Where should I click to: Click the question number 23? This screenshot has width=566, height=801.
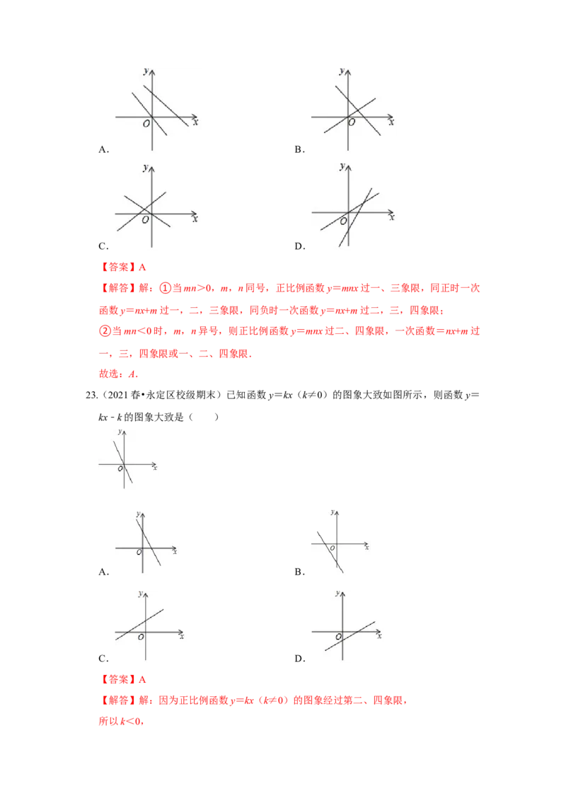[x=91, y=396]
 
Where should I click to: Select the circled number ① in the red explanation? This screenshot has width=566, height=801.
[x=166, y=288]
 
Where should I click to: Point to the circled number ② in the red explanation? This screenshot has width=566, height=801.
[x=105, y=331]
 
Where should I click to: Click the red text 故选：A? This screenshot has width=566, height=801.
[x=119, y=374]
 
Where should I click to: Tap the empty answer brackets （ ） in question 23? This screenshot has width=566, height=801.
[x=204, y=417]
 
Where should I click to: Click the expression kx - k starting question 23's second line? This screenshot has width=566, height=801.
[x=110, y=417]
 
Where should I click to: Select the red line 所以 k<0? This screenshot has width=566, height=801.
[x=121, y=721]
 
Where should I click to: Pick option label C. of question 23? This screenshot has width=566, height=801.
[x=104, y=659]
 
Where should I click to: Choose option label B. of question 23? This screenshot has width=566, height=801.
[x=300, y=572]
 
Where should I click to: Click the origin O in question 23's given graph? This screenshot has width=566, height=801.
[x=121, y=468]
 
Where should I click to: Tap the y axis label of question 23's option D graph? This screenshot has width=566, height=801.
[x=337, y=593]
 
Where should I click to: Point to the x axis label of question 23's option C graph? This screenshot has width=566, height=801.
[x=181, y=637]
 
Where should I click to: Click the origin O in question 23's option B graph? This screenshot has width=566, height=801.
[x=333, y=548]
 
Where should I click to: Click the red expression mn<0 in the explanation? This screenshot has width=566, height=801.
[x=137, y=331]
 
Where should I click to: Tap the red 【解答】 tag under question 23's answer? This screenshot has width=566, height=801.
[x=118, y=701]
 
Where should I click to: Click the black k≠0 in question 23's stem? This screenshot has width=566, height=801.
[x=313, y=396]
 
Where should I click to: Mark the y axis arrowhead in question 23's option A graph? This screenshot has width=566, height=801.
[x=143, y=514]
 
